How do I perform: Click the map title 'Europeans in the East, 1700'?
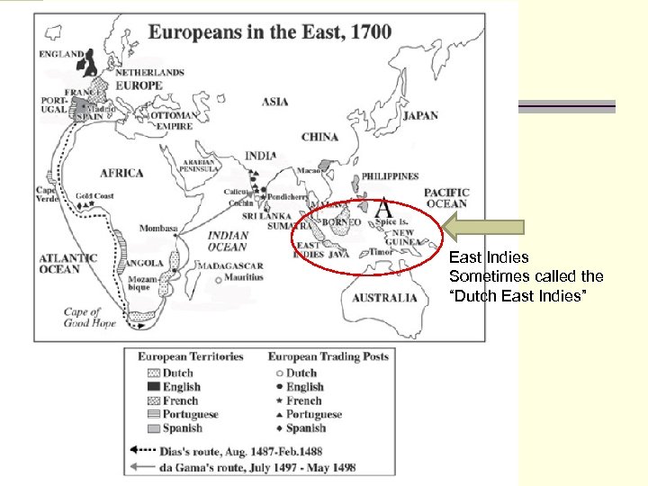coord(270,32)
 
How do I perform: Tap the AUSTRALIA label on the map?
coord(384,298)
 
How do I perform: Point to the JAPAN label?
coord(420,116)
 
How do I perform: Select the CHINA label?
coord(319,138)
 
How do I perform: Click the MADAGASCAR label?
coord(232,266)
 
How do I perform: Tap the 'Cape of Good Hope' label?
coord(89,318)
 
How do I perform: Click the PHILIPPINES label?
coord(390,177)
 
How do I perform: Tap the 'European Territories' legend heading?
coord(190,356)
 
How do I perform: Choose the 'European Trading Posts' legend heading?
coord(328,356)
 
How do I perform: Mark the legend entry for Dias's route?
coord(234,451)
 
